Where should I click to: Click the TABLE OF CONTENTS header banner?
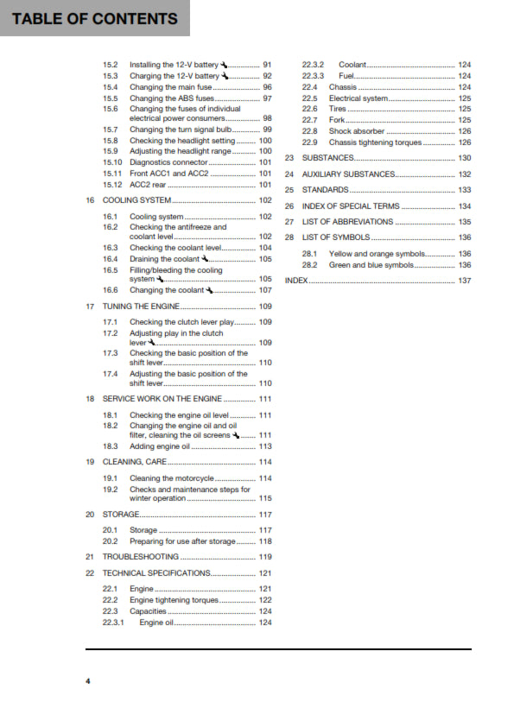(x=95, y=18)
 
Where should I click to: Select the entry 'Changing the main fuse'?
(x=170, y=87)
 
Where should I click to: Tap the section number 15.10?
(x=112, y=162)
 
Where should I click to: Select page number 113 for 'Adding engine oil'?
(x=265, y=446)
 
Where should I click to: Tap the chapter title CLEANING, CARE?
(x=135, y=462)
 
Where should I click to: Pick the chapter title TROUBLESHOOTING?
(x=141, y=557)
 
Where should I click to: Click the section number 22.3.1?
(x=113, y=623)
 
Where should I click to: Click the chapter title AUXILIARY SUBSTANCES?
(x=348, y=174)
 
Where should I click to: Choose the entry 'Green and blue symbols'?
(x=371, y=265)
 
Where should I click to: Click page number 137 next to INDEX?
(x=464, y=281)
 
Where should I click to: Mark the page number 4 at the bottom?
(x=87, y=682)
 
